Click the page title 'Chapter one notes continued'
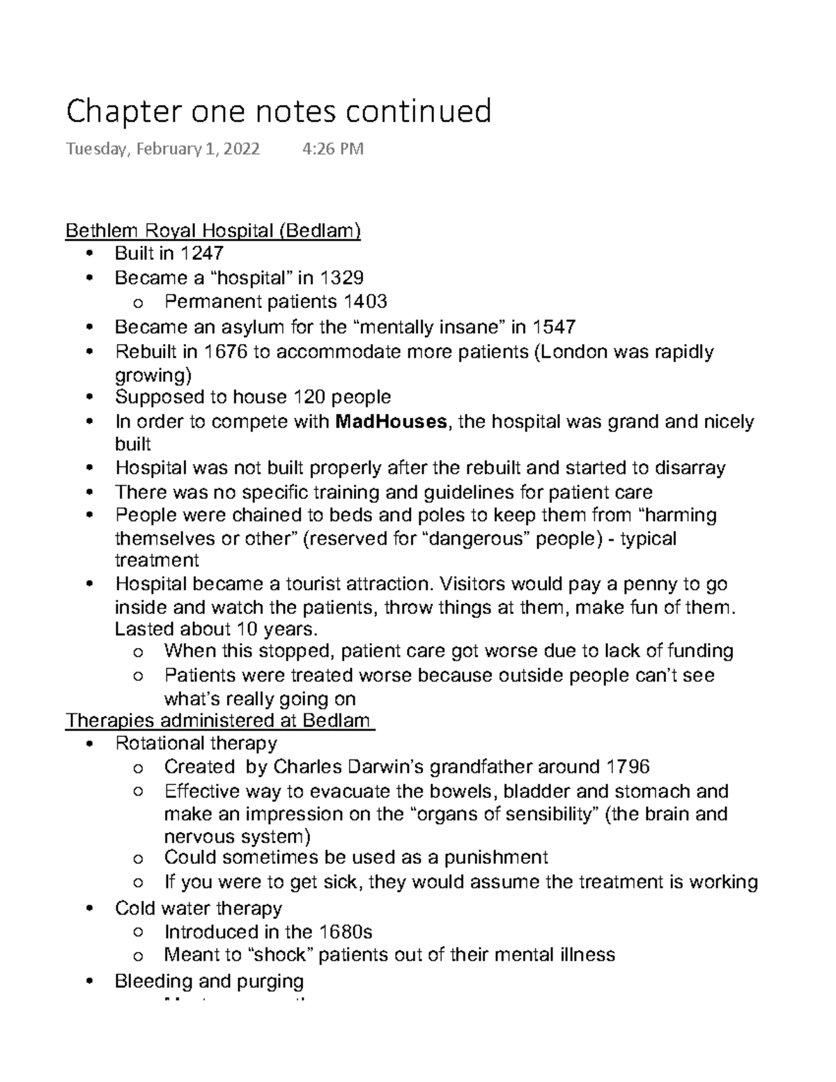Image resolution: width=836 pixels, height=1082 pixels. tap(278, 111)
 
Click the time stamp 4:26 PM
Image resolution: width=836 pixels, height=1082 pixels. tap(333, 149)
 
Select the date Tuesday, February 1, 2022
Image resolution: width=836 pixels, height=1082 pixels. tap(162, 149)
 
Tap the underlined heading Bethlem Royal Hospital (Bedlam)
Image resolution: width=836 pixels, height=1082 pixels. tap(212, 231)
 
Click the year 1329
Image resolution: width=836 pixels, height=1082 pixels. tap(341, 278)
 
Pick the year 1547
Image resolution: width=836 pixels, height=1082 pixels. tap(554, 326)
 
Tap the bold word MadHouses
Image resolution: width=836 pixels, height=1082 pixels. tap(391, 422)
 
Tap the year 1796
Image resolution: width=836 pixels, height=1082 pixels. tap(628, 767)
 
